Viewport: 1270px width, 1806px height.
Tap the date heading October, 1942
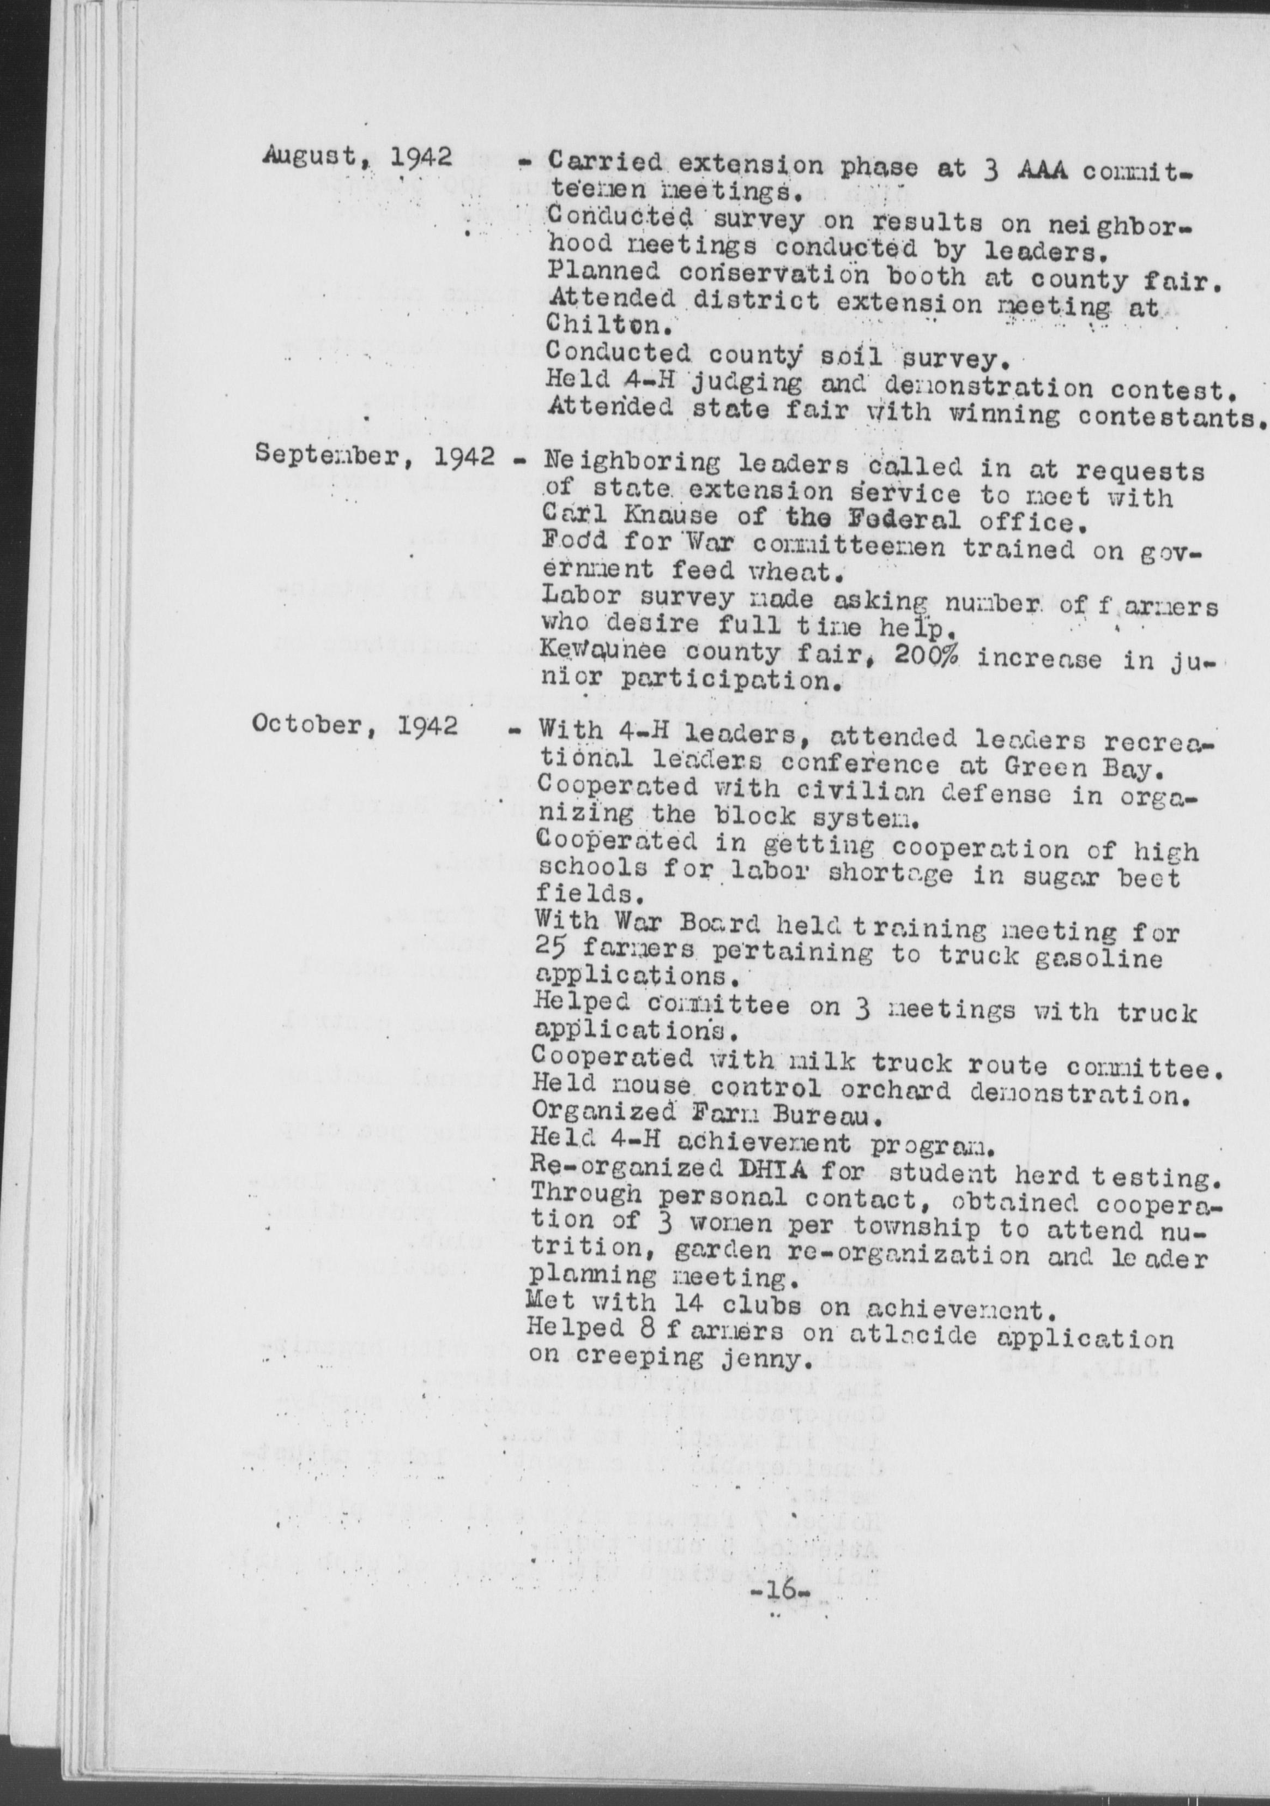tap(355, 725)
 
